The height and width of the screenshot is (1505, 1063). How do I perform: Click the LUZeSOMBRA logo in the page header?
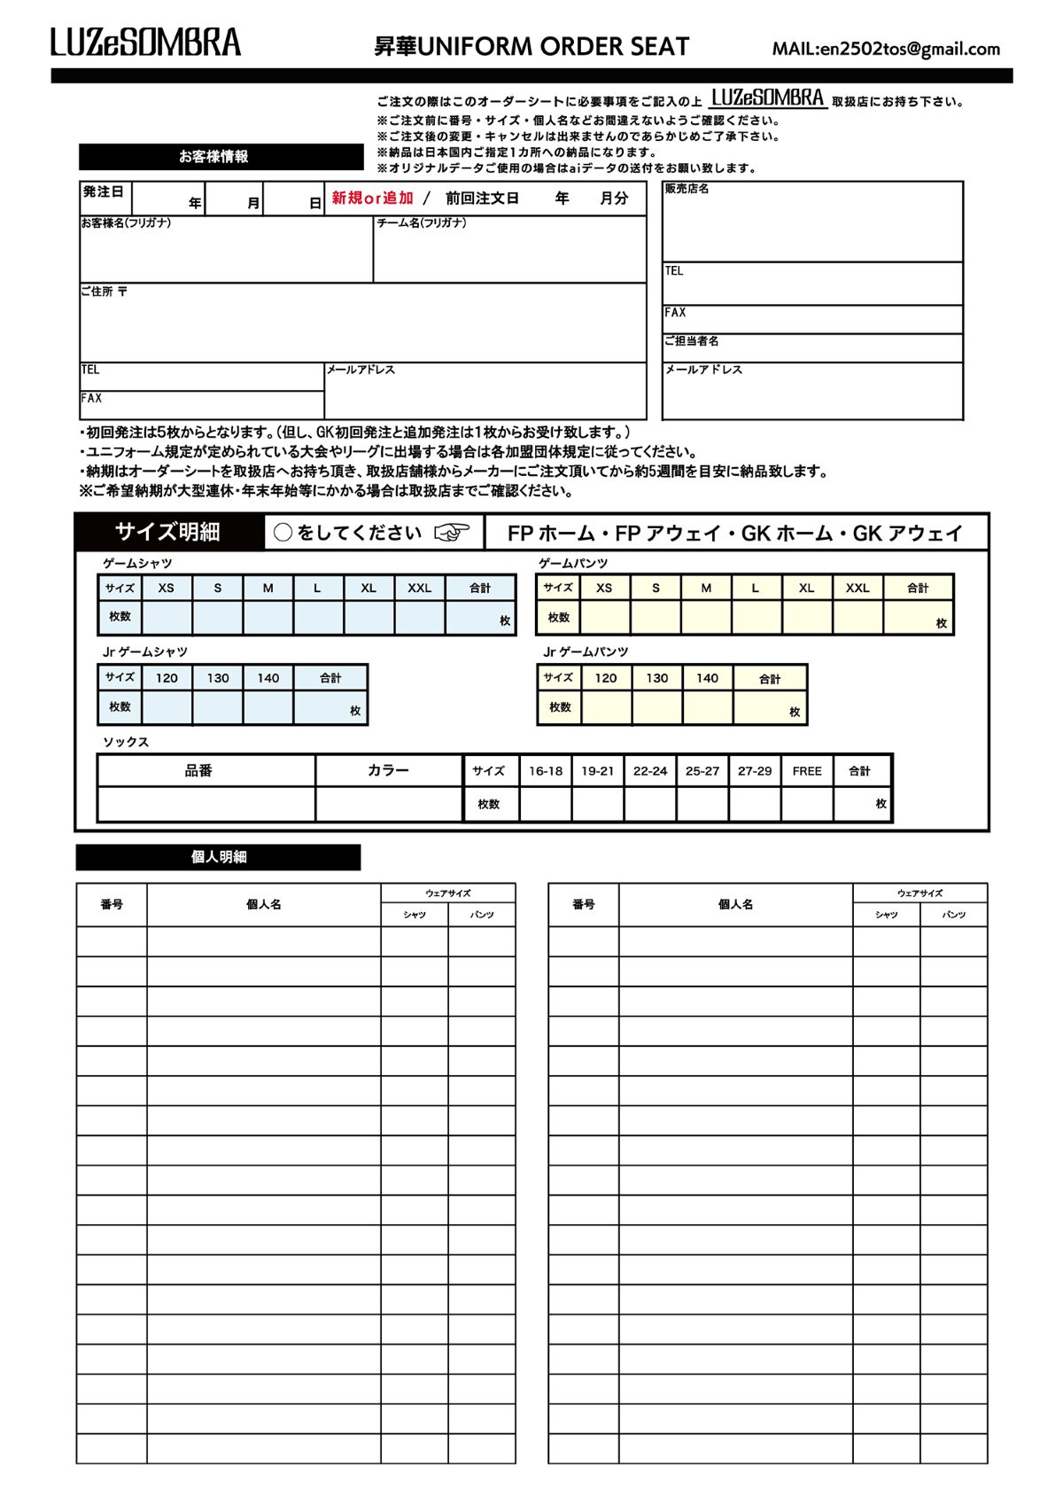(x=145, y=43)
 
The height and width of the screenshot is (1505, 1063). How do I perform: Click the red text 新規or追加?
(x=372, y=199)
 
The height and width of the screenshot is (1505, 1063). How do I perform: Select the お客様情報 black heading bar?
(x=221, y=157)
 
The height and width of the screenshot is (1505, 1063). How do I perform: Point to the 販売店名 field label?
(x=687, y=189)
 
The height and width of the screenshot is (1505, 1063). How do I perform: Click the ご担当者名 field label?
(x=692, y=341)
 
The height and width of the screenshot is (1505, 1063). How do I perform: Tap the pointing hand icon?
(x=452, y=533)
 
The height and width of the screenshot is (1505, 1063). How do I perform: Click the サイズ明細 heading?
(x=167, y=532)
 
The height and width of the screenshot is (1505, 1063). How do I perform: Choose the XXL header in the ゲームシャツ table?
(x=419, y=588)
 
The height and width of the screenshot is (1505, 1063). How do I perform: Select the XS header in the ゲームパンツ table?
(x=604, y=588)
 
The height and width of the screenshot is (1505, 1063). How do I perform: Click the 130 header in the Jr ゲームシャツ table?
(x=218, y=678)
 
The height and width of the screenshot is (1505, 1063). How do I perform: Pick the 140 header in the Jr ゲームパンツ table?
(x=707, y=678)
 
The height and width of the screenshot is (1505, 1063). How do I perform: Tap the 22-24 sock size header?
(x=650, y=771)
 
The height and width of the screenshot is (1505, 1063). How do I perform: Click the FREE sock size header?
(x=807, y=771)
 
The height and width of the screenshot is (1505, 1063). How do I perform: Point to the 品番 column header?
(x=198, y=771)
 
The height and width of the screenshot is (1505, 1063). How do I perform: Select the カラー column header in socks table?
(x=388, y=771)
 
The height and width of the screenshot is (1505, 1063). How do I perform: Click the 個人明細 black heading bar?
(x=218, y=857)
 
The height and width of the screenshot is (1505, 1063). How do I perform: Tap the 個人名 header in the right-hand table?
(x=735, y=904)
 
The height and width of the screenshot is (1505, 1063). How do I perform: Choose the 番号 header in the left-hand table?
(x=112, y=904)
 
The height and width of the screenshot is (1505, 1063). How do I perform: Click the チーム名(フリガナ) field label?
(x=422, y=223)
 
